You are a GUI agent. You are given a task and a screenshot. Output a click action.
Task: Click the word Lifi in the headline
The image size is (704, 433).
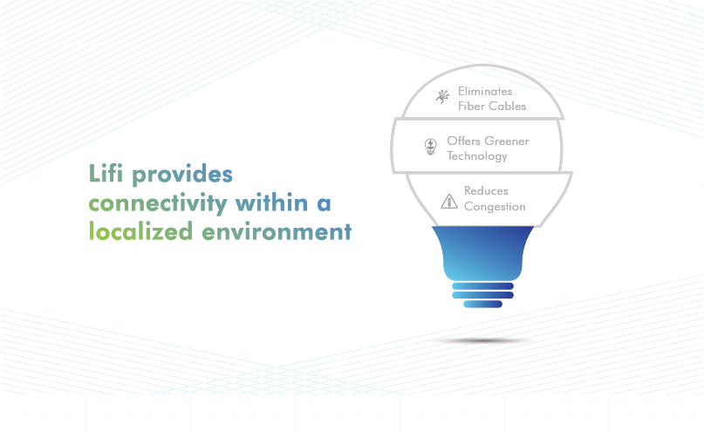tap(106, 173)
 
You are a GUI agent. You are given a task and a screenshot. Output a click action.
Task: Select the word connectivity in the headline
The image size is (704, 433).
tap(158, 204)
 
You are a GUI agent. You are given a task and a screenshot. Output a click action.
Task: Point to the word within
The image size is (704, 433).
tap(271, 203)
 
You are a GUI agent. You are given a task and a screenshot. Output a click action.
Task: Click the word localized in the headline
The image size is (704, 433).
tap(140, 230)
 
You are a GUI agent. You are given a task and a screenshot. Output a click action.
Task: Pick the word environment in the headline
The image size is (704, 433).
tap(277, 232)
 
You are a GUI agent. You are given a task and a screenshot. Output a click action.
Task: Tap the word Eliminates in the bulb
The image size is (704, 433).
tap(485, 91)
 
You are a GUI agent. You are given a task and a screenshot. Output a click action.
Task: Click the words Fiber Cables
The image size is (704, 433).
tap(492, 106)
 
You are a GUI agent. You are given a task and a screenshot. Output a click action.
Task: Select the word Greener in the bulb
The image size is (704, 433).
tap(507, 141)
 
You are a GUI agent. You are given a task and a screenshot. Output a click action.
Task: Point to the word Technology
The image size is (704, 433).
tap(477, 156)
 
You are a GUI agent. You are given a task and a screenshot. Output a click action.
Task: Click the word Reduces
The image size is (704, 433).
tap(486, 191)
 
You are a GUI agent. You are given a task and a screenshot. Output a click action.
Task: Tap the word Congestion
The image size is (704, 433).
tap(495, 207)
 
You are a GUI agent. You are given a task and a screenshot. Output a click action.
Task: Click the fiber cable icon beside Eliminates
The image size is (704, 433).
tap(442, 97)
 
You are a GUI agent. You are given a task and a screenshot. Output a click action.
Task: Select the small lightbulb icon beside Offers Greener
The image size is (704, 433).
tap(431, 147)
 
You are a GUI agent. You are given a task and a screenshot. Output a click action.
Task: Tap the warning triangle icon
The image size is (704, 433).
tap(449, 202)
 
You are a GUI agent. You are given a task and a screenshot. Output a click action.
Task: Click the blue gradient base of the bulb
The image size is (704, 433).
tap(482, 253)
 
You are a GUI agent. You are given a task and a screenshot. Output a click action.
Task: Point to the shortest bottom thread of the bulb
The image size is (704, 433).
tap(482, 304)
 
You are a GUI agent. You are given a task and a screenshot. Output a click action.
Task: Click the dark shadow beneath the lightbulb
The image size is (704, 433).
tap(482, 341)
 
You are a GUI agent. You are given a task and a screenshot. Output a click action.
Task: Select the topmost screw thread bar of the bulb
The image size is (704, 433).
tap(482, 286)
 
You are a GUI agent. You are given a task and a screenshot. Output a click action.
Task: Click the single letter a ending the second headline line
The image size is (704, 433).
tap(324, 204)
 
